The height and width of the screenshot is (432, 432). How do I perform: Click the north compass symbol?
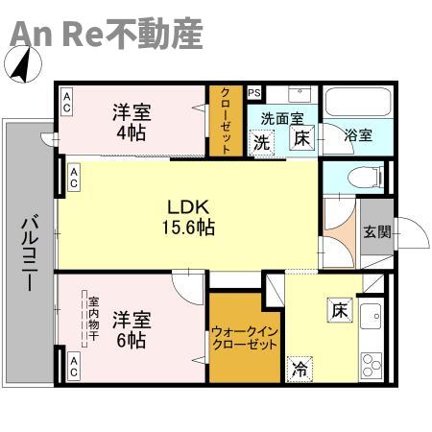pos(23,64)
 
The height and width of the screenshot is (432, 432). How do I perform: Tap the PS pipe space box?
pos(254,93)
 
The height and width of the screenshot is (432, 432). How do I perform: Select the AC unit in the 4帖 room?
pos(67,102)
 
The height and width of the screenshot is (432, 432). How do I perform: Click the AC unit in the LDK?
pos(74,178)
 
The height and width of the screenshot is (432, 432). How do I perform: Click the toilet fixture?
pos(366,178)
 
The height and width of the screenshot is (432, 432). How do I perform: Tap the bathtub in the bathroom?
pos(358,102)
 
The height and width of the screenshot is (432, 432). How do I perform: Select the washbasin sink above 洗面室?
pos(300,95)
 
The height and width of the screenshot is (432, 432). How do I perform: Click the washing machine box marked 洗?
pos(262,143)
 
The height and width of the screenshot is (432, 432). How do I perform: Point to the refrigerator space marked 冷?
pos(300,370)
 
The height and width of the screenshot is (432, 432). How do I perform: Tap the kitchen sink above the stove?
pos(372,316)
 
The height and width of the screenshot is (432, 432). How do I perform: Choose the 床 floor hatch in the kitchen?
pos(340,310)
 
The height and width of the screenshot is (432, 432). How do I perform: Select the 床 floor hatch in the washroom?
pos(302,138)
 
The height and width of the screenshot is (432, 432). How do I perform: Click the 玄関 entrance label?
pos(377,231)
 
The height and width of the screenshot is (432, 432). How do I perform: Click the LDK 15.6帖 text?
pos(189,218)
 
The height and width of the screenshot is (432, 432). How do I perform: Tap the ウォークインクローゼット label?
pos(245,338)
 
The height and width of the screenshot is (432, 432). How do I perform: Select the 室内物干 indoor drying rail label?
pos(94,319)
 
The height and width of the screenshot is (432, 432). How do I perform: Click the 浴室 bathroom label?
pos(358,135)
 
